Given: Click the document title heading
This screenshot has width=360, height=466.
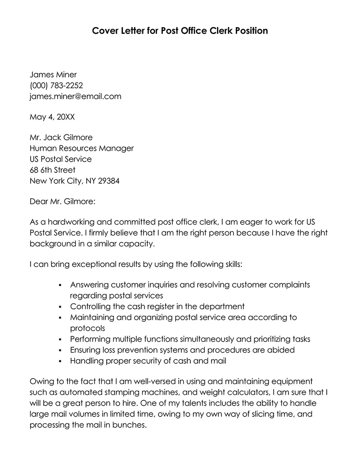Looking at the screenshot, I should tap(180, 31).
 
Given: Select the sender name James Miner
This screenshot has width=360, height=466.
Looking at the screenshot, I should tap(53, 74).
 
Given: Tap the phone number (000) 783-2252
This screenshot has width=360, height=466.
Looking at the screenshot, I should tap(56, 85).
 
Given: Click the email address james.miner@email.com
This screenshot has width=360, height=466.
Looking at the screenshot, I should tap(75, 96).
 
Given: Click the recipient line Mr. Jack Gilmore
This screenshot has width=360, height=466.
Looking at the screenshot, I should tap(61, 137).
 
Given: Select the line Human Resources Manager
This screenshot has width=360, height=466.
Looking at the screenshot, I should tap(81, 148).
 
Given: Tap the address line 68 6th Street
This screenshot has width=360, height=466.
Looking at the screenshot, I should tap(53, 170).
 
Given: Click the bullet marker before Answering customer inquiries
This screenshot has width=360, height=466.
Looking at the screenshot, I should tap(60, 285).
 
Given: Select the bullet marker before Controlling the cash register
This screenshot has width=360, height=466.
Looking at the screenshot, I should tap(60, 307).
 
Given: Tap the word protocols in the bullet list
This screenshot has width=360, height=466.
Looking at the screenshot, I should tap(88, 328).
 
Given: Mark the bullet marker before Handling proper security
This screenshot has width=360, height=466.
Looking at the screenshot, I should tap(60, 361).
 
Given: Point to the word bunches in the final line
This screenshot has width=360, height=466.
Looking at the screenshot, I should tap(130, 425).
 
